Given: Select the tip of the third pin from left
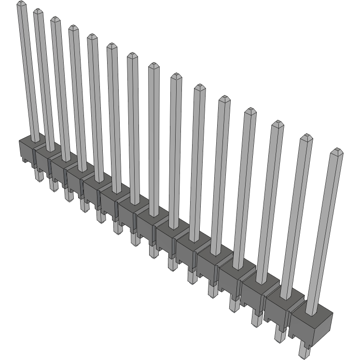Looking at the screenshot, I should coord(55,20).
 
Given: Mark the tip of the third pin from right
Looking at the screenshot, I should coord(277,124).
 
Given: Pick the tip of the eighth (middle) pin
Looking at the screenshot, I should coord(153,66).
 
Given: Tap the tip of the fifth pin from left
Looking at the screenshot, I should coord(92,37).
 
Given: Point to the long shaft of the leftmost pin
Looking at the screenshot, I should coord(28,72).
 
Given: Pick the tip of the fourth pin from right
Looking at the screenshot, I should coord(250,111).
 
